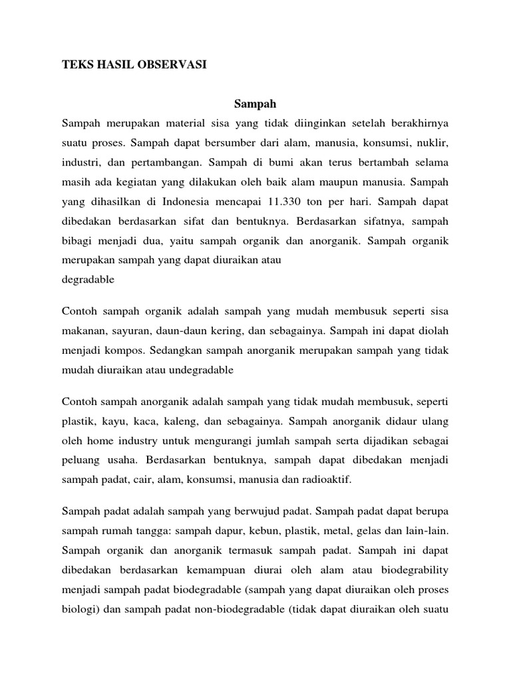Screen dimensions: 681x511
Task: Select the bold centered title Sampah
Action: [255, 104]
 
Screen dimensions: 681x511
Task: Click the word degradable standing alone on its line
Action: [87, 279]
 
